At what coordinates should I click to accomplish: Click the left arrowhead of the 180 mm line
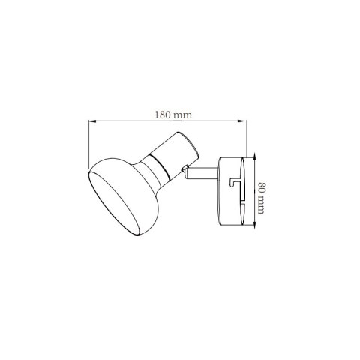point(91,121)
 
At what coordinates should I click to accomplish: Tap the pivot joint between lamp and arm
point(183,173)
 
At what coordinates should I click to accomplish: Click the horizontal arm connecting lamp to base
point(202,175)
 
